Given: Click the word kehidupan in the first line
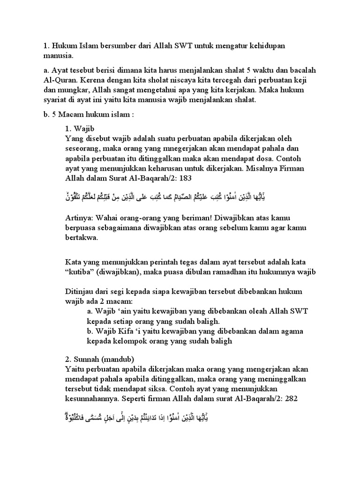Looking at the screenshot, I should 266,47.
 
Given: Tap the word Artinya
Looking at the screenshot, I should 79,217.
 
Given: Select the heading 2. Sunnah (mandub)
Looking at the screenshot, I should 99,360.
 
